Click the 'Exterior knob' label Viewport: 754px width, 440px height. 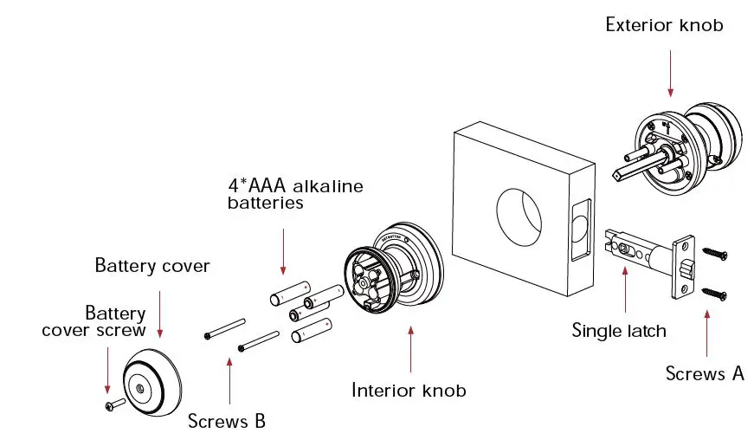click(664, 25)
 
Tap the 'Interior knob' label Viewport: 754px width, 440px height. click(409, 390)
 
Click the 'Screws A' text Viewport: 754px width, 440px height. click(705, 373)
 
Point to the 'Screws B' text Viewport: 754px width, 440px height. click(227, 422)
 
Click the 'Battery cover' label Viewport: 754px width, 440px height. click(152, 265)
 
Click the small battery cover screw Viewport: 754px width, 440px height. click(112, 404)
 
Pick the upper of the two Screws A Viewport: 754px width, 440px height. click(714, 252)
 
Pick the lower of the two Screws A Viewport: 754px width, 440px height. click(714, 294)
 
